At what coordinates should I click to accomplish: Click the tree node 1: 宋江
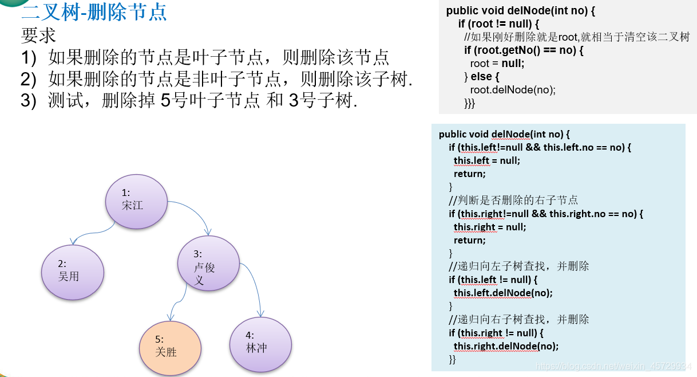pos(136,202)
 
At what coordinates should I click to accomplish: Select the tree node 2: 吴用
pos(73,272)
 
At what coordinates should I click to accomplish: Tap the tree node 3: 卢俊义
pos(208,264)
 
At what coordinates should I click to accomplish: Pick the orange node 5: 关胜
pos(170,348)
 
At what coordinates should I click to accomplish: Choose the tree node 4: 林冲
pos(261,344)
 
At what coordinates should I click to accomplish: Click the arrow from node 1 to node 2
pos(93,233)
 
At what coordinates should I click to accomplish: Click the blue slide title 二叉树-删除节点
pos(94,13)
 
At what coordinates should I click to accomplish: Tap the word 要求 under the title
pos(38,35)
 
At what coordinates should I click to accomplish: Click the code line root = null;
pos(497,64)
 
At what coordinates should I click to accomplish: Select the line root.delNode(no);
pos(513,90)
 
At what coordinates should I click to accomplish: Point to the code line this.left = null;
pos(487,161)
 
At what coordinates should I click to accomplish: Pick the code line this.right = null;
pos(490,227)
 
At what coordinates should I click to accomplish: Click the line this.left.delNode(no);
pos(503,293)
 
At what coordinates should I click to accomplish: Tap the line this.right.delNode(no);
pos(506,346)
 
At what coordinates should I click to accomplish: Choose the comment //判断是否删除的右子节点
pos(513,200)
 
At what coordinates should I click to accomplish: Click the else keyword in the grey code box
pos(481,77)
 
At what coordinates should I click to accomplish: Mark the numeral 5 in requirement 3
pos(166,100)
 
